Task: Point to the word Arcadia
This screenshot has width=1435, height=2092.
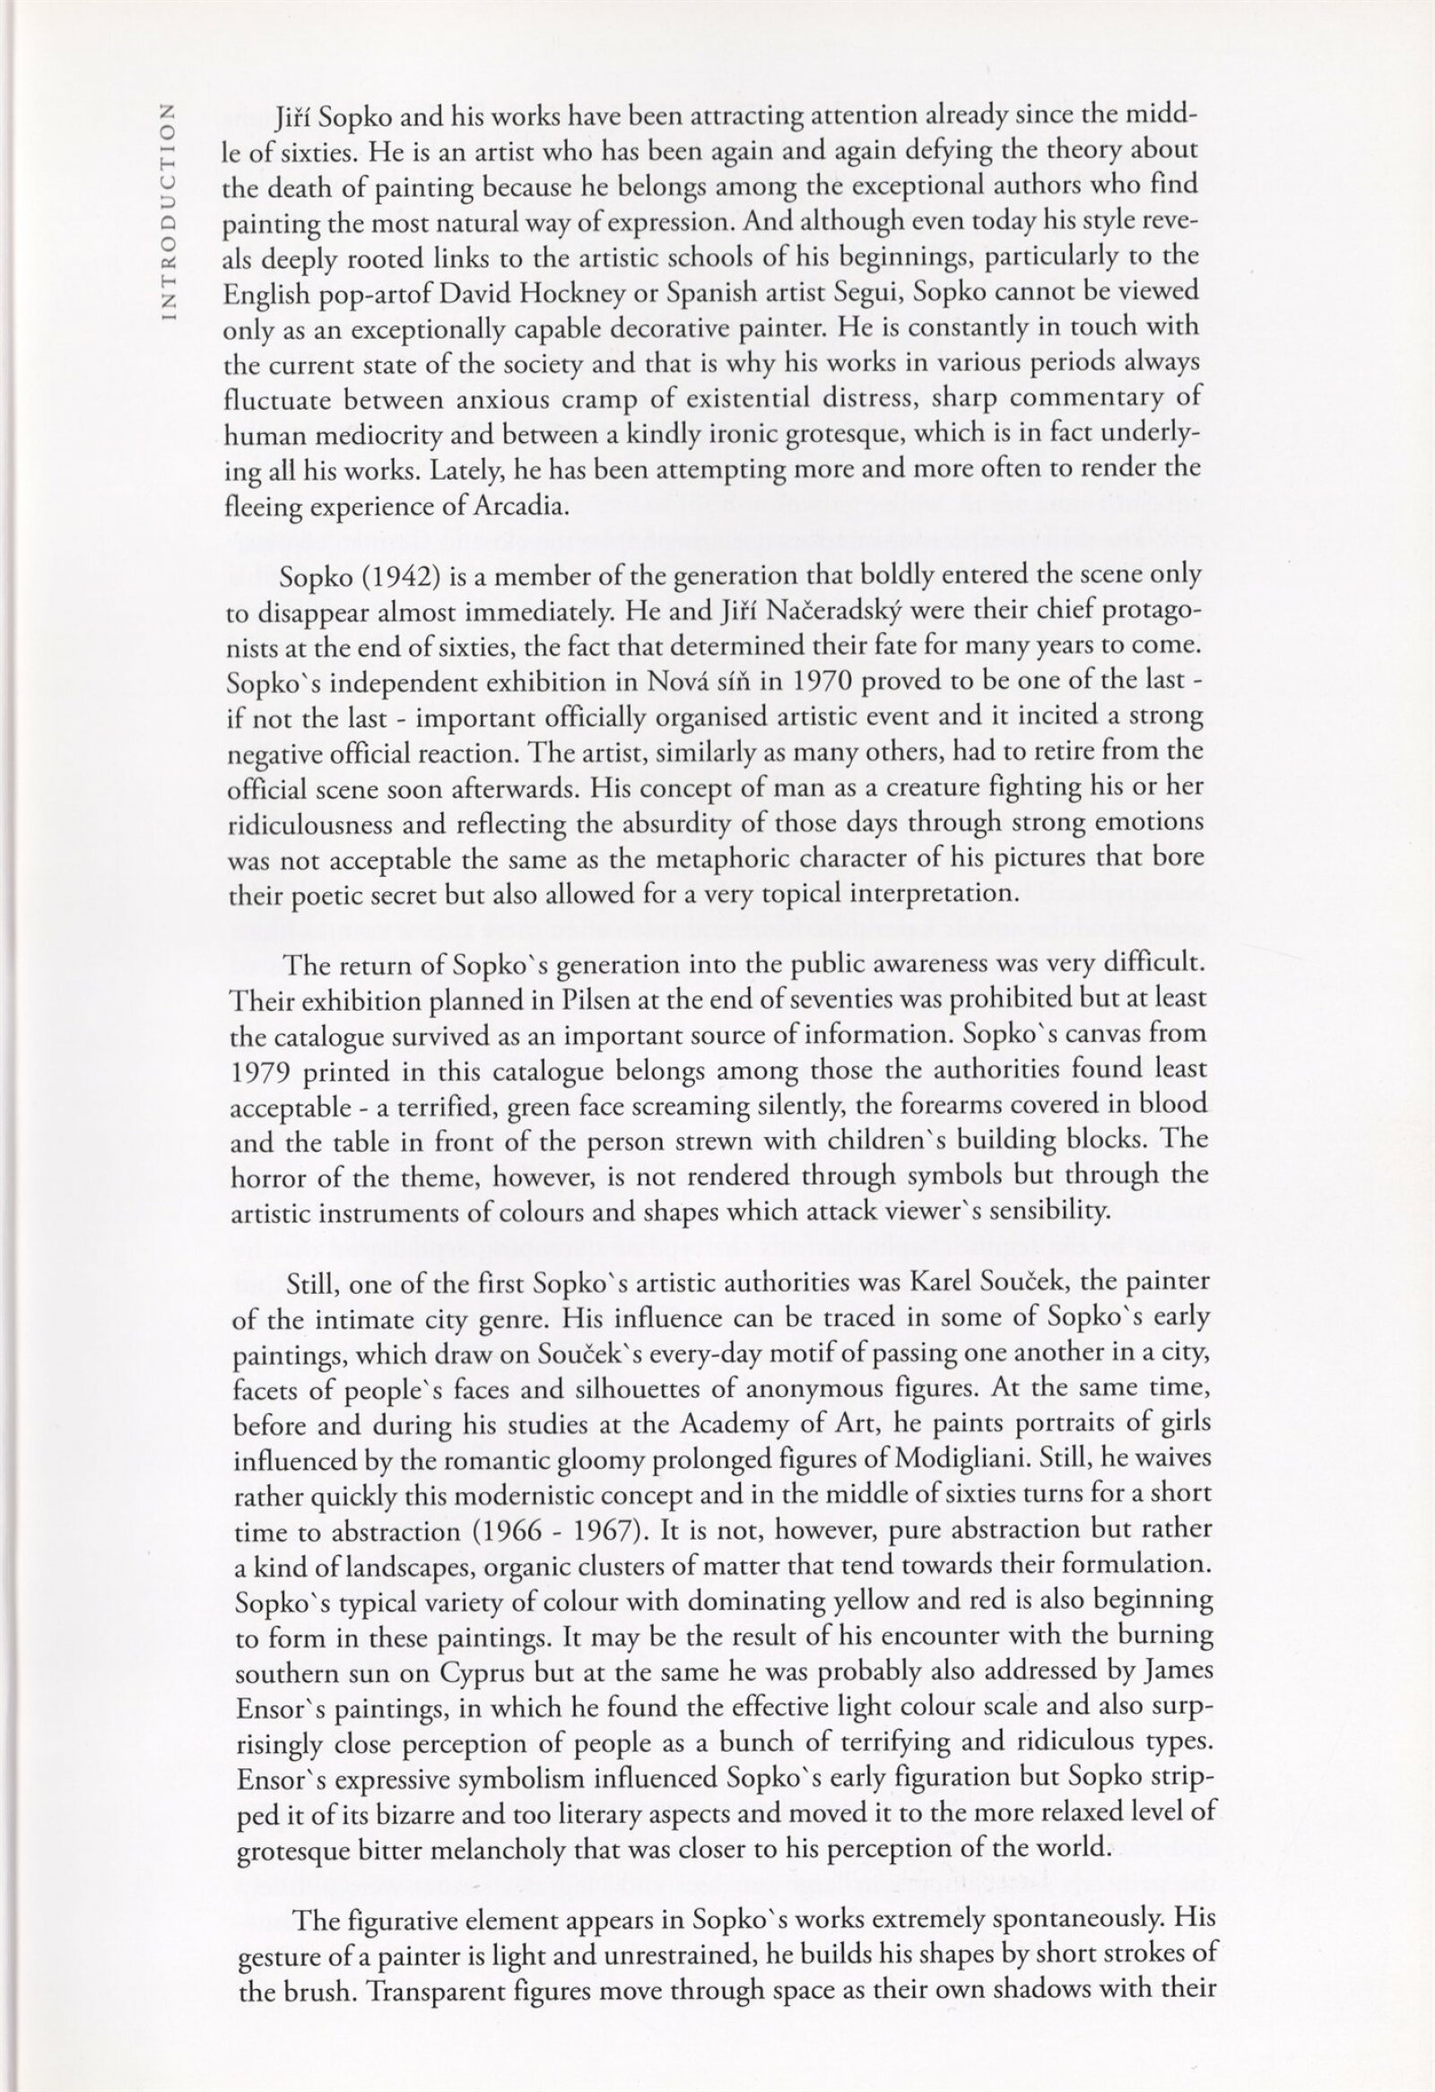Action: point(522,506)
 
